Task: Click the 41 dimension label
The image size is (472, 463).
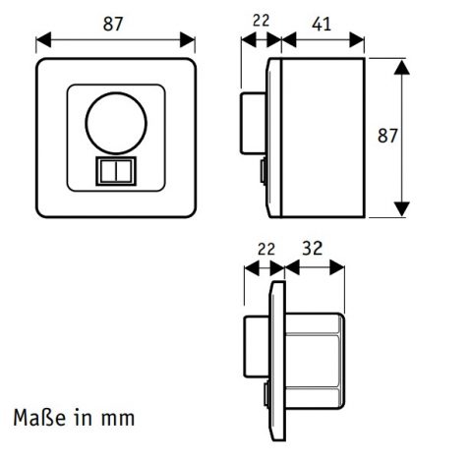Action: [x=322, y=24]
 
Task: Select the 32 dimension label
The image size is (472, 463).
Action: [x=313, y=248]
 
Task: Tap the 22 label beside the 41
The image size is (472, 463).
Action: [x=262, y=21]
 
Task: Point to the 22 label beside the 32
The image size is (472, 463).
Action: [x=266, y=250]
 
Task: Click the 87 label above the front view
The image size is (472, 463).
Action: [x=113, y=24]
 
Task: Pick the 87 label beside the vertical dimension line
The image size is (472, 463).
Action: [x=387, y=136]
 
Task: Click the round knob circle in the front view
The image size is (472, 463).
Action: [x=116, y=124]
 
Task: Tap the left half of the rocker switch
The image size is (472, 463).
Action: [x=108, y=171]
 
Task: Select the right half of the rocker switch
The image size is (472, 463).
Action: [x=124, y=171]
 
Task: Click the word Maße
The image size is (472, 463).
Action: [x=39, y=418]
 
